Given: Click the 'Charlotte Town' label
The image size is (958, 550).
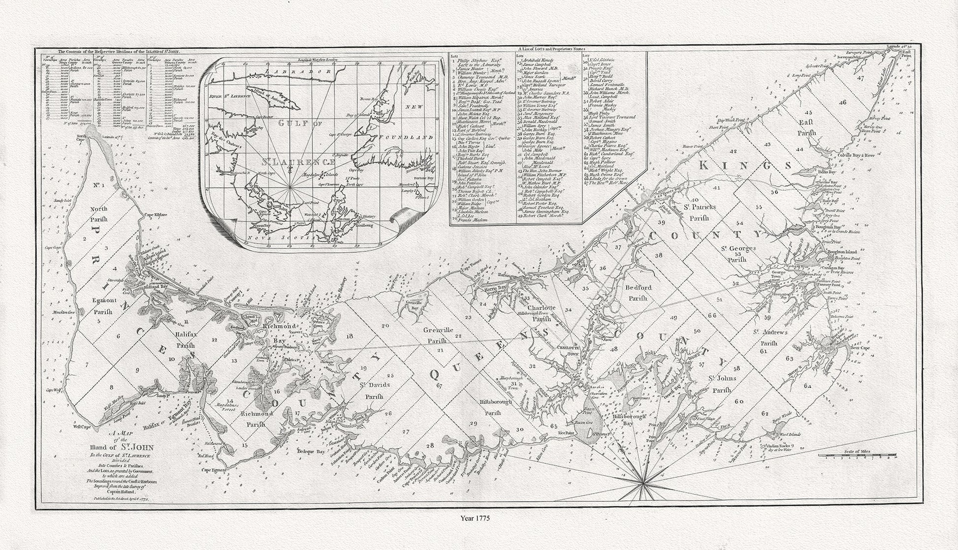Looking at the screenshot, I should [x=563, y=349].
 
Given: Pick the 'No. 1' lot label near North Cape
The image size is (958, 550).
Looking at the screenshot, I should [x=97, y=186].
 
